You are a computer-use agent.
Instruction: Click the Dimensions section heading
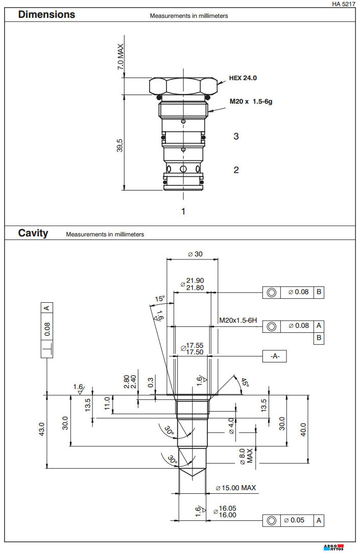tap(46, 15)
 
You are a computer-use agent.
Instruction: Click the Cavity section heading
tap(33, 233)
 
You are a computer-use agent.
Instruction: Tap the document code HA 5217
tap(343, 4)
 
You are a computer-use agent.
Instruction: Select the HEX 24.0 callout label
tap(243, 78)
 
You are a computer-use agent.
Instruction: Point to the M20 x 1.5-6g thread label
tap(251, 102)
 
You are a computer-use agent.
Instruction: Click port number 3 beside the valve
tap(236, 136)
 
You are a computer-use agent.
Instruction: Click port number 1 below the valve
tap(183, 211)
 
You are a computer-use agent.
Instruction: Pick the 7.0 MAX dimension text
tap(121, 57)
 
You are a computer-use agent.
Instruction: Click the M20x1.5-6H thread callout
tap(237, 320)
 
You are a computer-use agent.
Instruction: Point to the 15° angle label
tap(160, 299)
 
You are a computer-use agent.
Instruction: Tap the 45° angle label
tap(244, 382)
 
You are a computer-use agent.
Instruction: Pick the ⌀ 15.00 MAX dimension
tap(235, 488)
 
